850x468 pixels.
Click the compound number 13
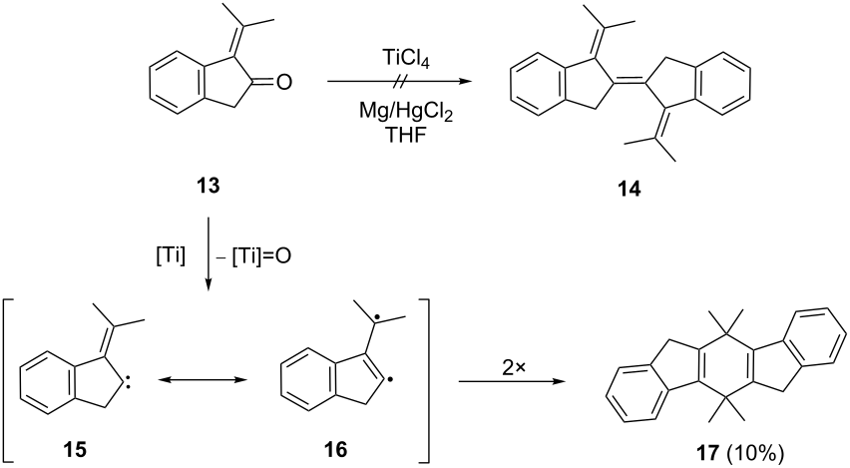tap(209, 186)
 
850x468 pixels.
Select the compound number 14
tap(628, 190)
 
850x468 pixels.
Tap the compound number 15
tap(74, 450)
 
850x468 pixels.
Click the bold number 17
tap(707, 452)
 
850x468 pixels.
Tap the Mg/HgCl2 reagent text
tap(405, 114)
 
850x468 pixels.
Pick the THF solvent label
tap(405, 137)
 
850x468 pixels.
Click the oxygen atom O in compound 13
tap(283, 83)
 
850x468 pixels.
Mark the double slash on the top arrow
tap(398, 83)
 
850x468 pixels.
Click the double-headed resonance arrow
tap(202, 381)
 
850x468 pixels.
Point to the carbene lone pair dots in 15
tap(127, 385)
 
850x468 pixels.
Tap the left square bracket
tap(7, 379)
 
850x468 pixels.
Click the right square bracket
tap(426, 379)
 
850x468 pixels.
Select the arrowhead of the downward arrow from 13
tap(209, 285)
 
